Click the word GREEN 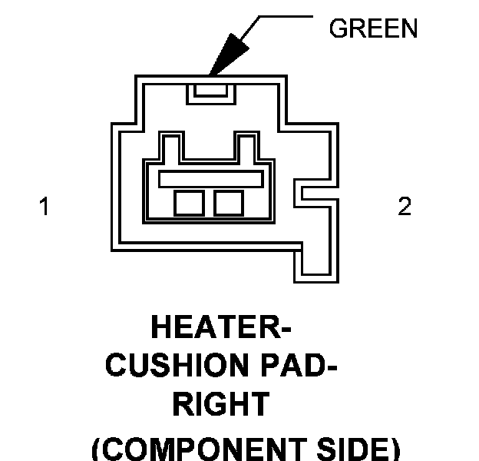pyautogui.click(x=373, y=29)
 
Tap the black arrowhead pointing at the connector pyautogui.click(x=232, y=53)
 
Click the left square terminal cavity pyautogui.click(x=188, y=203)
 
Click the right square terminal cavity pyautogui.click(x=229, y=203)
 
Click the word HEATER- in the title pyautogui.click(x=221, y=328)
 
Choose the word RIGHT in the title pyautogui.click(x=220, y=404)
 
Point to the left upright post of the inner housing pyautogui.click(x=171, y=146)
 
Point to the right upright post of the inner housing pyautogui.click(x=247, y=146)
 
